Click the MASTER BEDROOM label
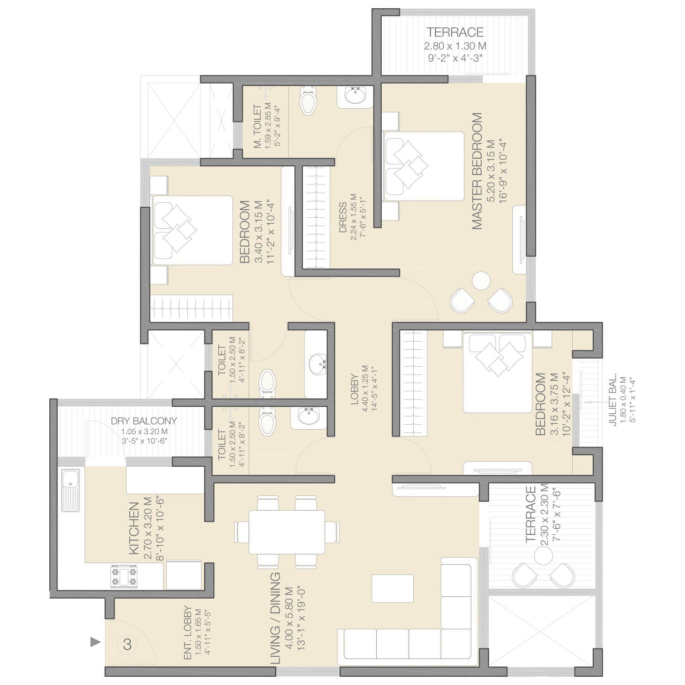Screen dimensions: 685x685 (x=477, y=171)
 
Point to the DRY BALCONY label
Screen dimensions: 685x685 (x=144, y=421)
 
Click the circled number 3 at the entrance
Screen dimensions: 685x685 (x=127, y=644)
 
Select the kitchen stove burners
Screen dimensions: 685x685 (x=124, y=576)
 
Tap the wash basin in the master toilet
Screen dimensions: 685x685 (x=355, y=95)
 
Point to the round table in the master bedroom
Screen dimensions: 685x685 (x=481, y=281)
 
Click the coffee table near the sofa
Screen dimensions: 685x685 (x=393, y=589)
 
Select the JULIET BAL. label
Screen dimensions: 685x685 (x=613, y=400)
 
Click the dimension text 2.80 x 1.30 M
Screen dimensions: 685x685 (x=455, y=46)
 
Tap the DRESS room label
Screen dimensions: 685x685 (x=342, y=217)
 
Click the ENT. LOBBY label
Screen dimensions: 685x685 (x=187, y=633)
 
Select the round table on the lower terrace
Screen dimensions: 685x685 (x=543, y=557)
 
